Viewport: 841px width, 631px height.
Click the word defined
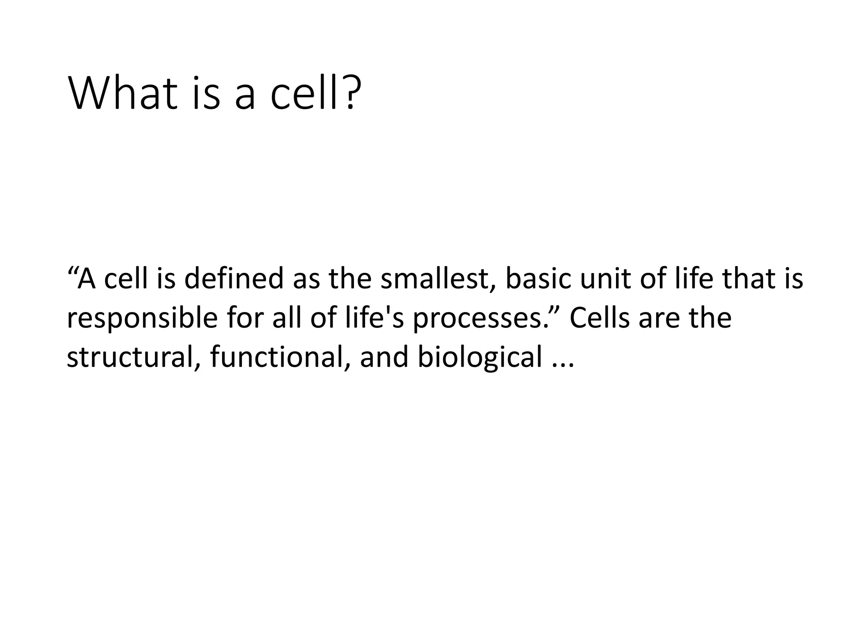[234, 279]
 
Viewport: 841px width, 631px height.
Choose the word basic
[536, 279]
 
